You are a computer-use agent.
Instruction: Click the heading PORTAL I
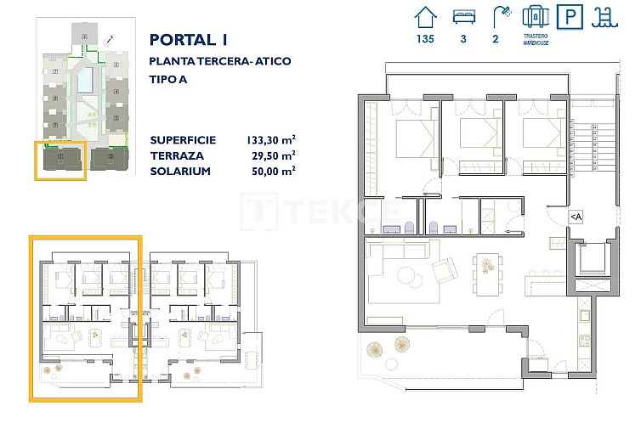[189, 40]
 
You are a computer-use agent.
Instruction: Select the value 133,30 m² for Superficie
[270, 140]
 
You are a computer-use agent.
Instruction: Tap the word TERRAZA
[177, 155]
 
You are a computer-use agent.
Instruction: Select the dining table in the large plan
[487, 268]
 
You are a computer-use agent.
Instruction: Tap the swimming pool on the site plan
[84, 82]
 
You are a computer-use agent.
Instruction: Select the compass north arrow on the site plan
[109, 39]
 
